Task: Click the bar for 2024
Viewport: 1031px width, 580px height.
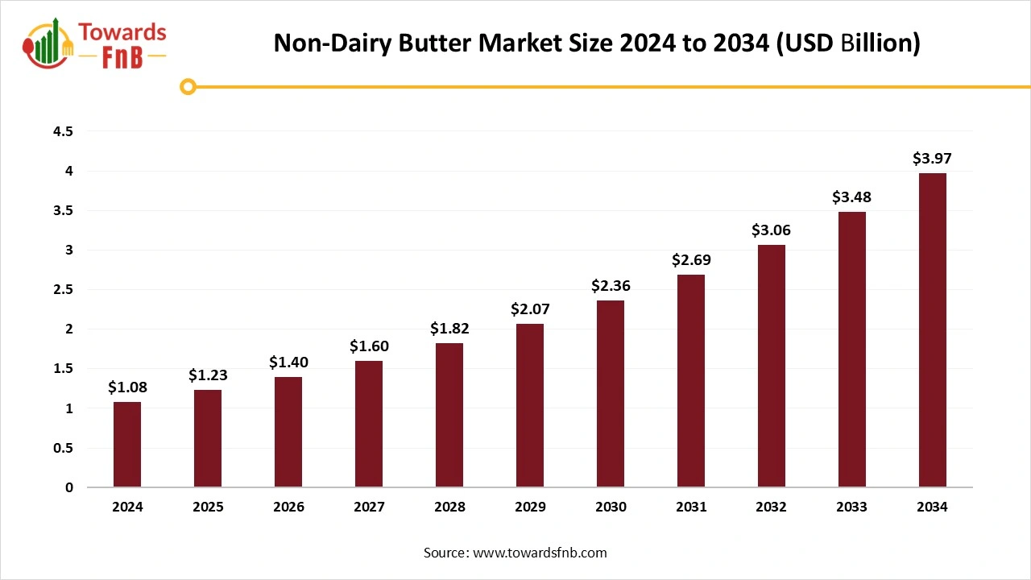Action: point(127,444)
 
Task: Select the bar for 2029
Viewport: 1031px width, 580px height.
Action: point(530,405)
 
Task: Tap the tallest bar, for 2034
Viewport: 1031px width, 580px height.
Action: point(932,330)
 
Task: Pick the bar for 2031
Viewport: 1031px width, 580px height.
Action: point(691,380)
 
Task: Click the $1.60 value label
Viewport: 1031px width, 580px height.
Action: point(369,346)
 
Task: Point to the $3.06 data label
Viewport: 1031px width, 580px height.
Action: point(771,230)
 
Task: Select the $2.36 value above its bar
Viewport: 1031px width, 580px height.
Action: point(611,286)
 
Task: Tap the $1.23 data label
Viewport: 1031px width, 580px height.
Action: point(208,375)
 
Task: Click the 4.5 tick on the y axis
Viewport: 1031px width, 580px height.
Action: point(63,131)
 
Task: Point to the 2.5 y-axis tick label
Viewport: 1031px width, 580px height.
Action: point(63,289)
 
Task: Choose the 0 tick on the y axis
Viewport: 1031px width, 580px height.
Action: point(69,487)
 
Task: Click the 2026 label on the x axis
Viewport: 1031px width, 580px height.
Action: point(288,507)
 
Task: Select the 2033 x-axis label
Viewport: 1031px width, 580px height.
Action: point(851,507)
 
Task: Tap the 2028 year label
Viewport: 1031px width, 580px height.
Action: point(449,507)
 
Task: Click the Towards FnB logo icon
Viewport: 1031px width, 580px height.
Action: point(48,44)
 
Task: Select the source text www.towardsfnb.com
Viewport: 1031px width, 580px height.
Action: point(540,553)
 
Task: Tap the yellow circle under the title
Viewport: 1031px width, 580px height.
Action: point(188,86)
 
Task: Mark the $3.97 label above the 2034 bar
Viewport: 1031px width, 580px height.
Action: point(932,159)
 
